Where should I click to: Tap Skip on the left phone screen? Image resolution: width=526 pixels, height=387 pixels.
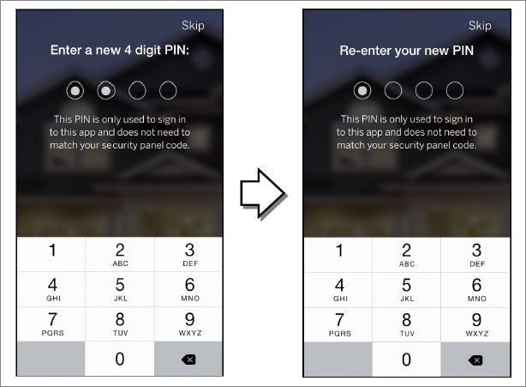click(x=193, y=26)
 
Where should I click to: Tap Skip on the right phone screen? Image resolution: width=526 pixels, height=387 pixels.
click(x=480, y=26)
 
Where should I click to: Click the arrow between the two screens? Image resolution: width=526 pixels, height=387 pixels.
click(x=263, y=194)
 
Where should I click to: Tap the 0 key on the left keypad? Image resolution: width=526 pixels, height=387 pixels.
click(x=120, y=359)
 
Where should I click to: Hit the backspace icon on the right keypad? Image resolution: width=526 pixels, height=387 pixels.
click(x=475, y=360)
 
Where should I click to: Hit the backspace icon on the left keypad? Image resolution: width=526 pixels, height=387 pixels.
click(x=188, y=360)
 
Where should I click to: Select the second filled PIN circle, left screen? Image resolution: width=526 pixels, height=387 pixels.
click(x=106, y=90)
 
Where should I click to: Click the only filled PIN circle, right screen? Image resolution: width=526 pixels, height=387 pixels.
click(x=362, y=90)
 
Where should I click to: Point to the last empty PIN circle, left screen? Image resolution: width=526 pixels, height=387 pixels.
click(x=168, y=90)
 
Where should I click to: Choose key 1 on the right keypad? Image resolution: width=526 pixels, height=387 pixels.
click(x=338, y=255)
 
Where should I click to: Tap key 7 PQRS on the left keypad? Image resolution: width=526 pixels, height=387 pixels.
click(x=51, y=324)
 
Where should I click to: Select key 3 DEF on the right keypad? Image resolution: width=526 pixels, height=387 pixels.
click(x=475, y=255)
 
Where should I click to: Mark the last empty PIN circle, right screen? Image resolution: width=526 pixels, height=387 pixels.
click(x=455, y=90)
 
